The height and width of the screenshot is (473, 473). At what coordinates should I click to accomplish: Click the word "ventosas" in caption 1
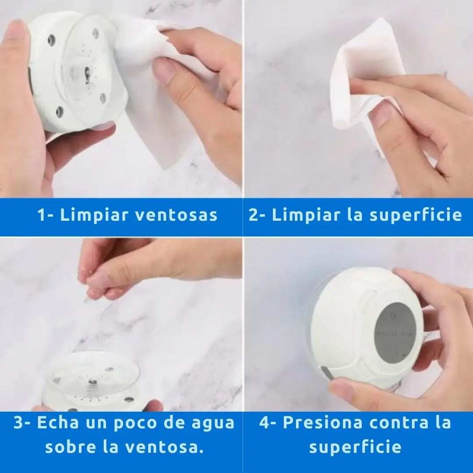(x=176, y=215)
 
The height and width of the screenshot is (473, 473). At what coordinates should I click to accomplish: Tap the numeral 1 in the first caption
(x=41, y=215)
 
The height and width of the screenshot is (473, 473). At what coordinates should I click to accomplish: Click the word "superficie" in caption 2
(x=415, y=215)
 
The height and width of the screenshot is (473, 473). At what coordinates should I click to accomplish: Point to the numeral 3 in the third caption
(x=19, y=423)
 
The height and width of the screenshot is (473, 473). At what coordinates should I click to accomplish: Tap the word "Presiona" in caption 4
(x=322, y=423)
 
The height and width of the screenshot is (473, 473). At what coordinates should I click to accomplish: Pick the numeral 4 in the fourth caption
(x=265, y=423)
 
